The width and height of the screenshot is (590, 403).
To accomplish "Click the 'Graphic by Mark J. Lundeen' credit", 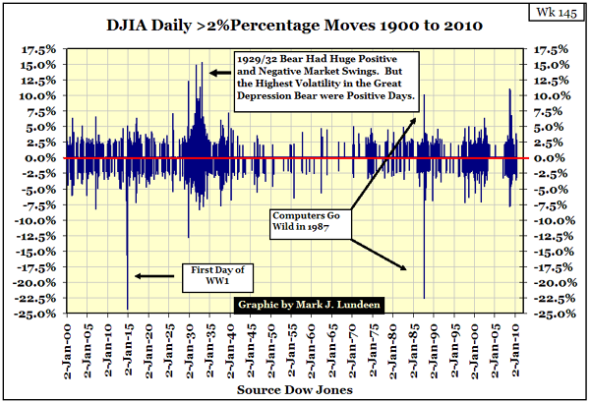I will (x=310, y=304).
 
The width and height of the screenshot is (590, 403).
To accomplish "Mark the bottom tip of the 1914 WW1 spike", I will (x=128, y=308).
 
